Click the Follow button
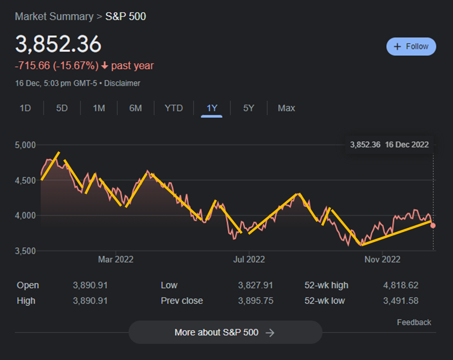pos(411,47)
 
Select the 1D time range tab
pos(25,108)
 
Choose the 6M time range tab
pos(136,108)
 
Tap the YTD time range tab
pos(174,108)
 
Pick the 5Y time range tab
pos(249,108)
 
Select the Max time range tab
pos(286,108)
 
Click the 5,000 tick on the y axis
pos(25,145)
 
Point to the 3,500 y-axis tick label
pos(25,251)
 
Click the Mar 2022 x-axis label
pos(116,259)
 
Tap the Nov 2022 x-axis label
pos(382,259)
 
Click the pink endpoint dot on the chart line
pos(433,226)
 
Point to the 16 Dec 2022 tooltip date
pos(407,145)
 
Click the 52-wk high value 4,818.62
pos(401,285)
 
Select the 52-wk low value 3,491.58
pos(401,300)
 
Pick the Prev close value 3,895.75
pos(256,300)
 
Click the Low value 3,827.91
pos(256,285)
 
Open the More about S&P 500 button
pos(225,332)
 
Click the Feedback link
pos(414,323)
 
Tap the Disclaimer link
pos(122,83)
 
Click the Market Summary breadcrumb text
pos(54,17)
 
